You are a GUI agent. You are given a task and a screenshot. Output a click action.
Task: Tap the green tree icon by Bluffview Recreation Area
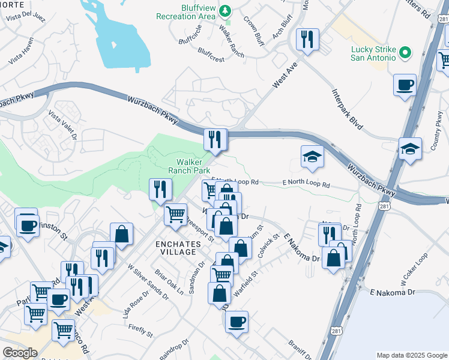(x=225, y=10)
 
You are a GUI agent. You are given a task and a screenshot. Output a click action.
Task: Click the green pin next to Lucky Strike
(x=405, y=53)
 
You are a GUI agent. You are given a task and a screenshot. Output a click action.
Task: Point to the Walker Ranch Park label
(x=193, y=166)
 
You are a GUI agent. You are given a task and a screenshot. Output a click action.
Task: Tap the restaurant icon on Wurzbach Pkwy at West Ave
(x=214, y=140)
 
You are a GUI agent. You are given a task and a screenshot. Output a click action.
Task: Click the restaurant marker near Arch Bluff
(x=307, y=40)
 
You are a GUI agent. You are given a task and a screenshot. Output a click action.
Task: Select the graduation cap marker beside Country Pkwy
(x=410, y=148)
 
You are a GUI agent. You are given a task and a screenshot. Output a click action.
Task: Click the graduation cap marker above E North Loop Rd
(x=313, y=157)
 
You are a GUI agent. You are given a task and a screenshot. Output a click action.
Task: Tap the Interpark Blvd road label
(x=348, y=110)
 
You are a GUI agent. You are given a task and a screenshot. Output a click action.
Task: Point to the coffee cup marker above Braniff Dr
(x=237, y=321)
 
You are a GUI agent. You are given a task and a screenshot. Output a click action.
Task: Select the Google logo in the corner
(x=20, y=353)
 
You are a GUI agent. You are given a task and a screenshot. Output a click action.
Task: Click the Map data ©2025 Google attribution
(x=412, y=355)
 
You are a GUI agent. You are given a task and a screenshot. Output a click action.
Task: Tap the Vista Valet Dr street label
(x=63, y=127)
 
